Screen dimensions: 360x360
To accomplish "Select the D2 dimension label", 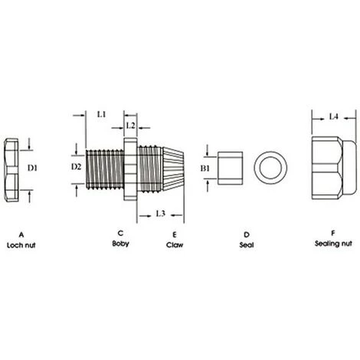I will tap(76, 165).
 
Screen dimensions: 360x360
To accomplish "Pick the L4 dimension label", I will tap(333, 116).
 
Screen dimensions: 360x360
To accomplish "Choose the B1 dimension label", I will tap(205, 166).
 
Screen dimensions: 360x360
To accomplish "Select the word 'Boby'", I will tap(120, 244).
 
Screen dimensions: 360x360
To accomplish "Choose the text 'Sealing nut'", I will tap(333, 244).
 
